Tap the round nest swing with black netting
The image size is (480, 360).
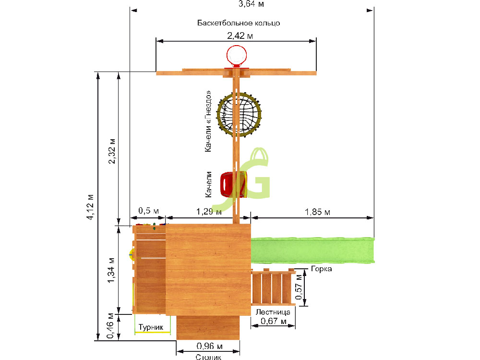point(239,115)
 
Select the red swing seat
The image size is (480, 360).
point(233,185)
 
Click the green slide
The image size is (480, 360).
point(312,250)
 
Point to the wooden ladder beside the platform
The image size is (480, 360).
point(273,287)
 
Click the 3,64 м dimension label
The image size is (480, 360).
point(251,4)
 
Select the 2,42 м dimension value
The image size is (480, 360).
point(240,36)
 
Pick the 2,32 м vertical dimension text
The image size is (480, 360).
point(112,151)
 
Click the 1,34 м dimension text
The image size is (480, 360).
point(111,270)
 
